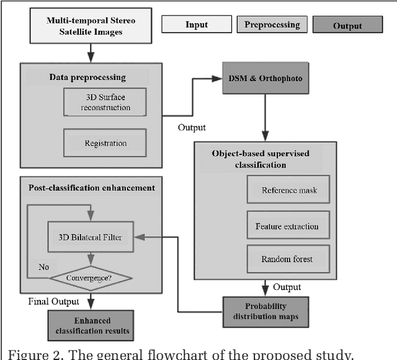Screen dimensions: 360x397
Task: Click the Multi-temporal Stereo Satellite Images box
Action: pos(91,25)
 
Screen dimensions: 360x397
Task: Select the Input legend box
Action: pos(196,25)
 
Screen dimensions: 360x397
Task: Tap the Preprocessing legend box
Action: pos(272,25)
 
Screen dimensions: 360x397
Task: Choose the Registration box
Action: pos(105,143)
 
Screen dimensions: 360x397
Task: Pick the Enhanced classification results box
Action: pos(93,325)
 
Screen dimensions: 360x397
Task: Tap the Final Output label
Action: pos(54,302)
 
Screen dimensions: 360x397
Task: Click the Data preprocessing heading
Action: pos(87,77)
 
